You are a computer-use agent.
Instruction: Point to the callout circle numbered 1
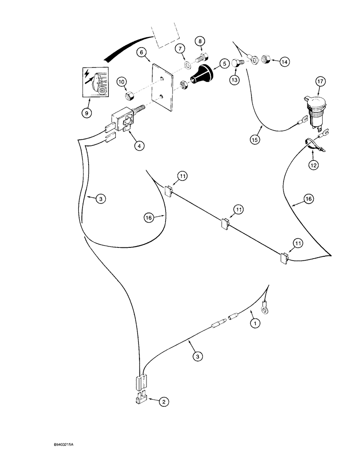coord(254,322)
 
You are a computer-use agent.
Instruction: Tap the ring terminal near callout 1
coord(265,308)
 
